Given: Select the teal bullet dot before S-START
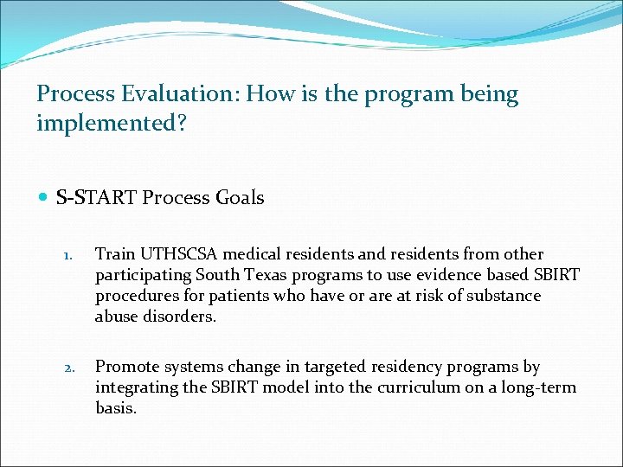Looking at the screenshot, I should coord(44,198).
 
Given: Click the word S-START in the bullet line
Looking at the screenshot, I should coord(96,198).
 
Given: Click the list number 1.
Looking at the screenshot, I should coord(67,255).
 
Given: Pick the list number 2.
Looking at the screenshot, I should coord(67,366).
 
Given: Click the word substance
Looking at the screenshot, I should coord(498,296).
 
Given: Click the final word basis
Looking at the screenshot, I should coord(115,407).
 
